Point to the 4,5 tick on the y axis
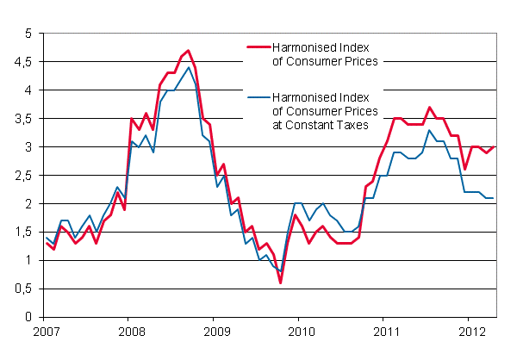22,62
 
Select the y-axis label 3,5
22,119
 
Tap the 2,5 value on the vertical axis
22,176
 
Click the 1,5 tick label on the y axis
22,233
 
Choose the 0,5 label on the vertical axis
22,289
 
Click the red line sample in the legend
258,47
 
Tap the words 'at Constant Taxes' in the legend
316,124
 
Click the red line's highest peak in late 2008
188,51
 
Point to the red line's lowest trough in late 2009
280,282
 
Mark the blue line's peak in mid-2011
430,130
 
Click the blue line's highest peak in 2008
188,67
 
